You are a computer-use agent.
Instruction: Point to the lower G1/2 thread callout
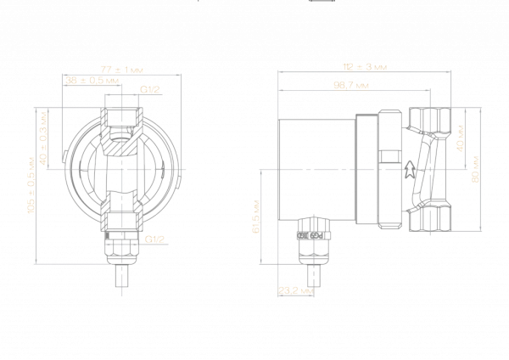coord(154,239)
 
